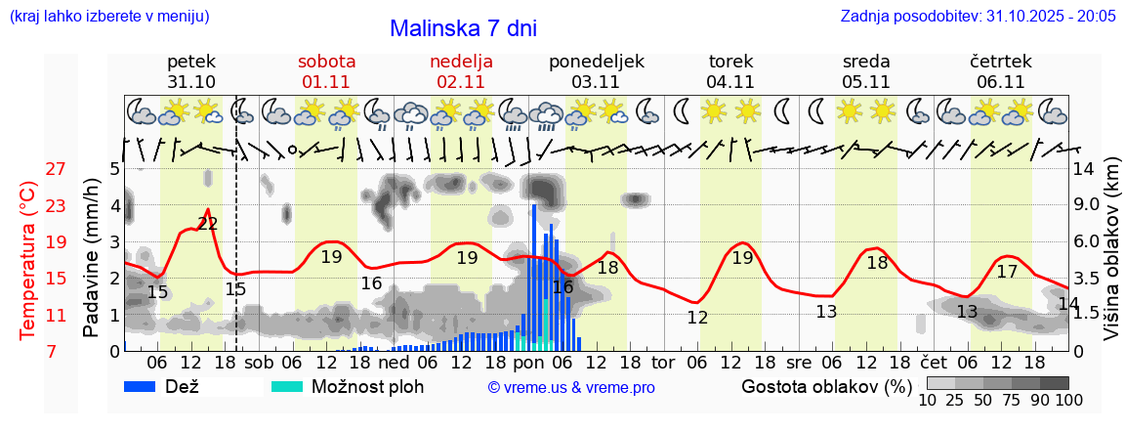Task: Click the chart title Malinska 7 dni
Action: click(x=463, y=28)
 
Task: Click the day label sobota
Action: click(x=326, y=62)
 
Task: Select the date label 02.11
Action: click(x=461, y=82)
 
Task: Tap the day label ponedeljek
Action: click(x=596, y=62)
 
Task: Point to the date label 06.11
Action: click(x=1000, y=82)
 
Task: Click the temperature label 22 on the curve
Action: click(x=207, y=224)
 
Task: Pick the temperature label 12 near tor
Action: click(x=697, y=318)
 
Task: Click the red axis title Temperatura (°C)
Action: click(x=28, y=260)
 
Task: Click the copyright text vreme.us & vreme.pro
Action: click(x=570, y=388)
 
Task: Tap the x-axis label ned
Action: click(x=394, y=363)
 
